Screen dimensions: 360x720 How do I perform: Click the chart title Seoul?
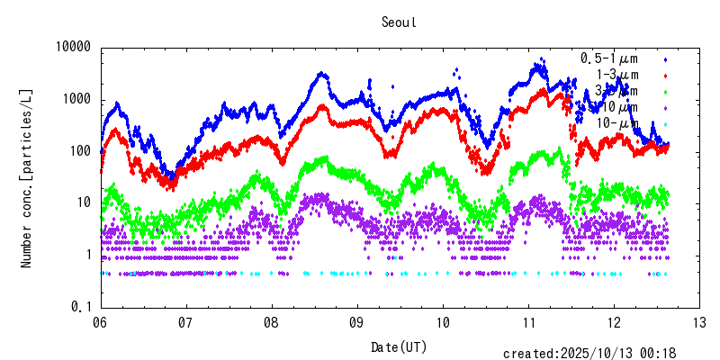[399, 22]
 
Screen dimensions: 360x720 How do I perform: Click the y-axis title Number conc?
[27, 177]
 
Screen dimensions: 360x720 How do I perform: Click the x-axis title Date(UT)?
[399, 346]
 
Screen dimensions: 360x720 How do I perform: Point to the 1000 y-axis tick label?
[77, 100]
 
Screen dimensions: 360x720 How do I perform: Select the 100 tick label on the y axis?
[81, 151]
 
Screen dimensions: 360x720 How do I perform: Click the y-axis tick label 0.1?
[81, 307]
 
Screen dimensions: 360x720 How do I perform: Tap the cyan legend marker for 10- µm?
[666, 123]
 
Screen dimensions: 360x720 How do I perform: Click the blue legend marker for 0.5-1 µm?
[666, 58]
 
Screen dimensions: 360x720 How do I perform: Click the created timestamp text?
[589, 354]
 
